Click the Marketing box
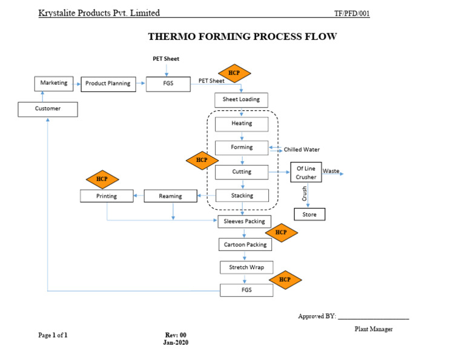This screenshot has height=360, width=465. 54,84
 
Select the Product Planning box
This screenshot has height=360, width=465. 108,84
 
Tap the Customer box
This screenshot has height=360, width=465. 47,109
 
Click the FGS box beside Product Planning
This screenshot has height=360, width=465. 168,84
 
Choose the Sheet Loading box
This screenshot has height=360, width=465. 241,99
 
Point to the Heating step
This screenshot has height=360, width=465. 242,124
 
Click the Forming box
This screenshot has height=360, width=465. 242,147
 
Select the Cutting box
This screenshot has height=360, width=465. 242,172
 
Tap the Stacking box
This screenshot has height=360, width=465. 242,196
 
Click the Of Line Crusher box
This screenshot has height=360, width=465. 306,173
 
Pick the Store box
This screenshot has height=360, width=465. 309,215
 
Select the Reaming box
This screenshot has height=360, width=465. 171,196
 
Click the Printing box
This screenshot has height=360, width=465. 107,196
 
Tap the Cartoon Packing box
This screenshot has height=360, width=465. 245,245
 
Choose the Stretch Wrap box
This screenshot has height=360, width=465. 246,267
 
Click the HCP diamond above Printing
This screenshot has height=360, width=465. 102,179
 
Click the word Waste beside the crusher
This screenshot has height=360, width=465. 331,172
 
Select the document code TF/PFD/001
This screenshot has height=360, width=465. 352,14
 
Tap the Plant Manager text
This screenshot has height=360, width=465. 374,329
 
